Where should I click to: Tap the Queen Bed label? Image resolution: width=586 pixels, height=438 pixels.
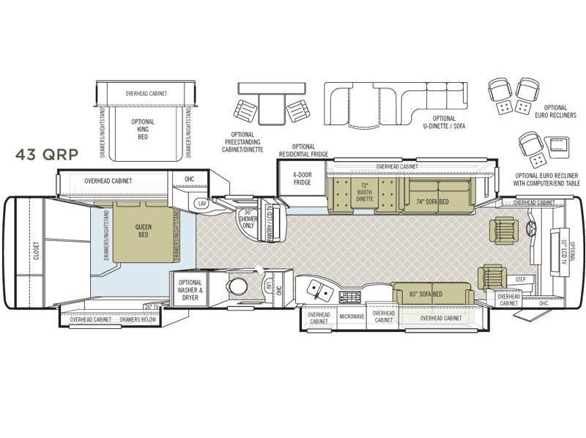click(x=144, y=231)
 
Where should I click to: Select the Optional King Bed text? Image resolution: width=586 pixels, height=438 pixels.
click(x=143, y=129)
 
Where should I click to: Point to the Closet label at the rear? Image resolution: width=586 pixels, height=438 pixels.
click(x=34, y=251)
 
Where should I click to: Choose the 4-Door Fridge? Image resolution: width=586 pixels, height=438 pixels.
click(x=302, y=179)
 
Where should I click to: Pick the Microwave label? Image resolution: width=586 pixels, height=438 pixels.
click(x=352, y=316)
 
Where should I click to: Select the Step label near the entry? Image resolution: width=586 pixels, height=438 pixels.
click(x=521, y=279)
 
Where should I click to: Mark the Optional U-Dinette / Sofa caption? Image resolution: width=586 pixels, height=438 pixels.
click(x=444, y=122)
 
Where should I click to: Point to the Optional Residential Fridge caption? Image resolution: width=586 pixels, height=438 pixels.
click(x=303, y=150)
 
